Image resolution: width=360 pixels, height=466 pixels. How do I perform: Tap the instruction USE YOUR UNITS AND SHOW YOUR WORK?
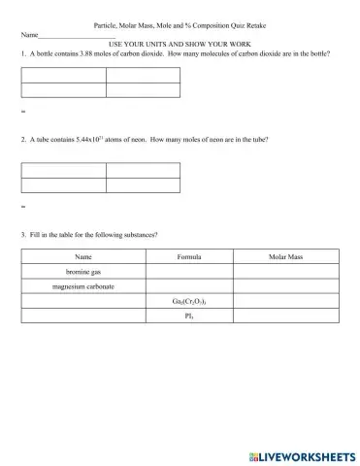click(180, 45)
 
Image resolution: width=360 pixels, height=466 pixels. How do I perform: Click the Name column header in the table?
click(82, 256)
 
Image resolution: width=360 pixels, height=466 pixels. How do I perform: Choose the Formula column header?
click(189, 256)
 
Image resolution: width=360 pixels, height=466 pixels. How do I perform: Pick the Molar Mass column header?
click(285, 256)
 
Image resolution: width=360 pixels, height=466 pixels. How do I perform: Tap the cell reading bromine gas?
click(82, 272)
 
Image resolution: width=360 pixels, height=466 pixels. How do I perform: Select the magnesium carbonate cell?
click(82, 286)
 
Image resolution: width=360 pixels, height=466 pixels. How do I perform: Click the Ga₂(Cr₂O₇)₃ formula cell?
click(189, 301)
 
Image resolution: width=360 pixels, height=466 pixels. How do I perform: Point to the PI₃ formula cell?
click(189, 316)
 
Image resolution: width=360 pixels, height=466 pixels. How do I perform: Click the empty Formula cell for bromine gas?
click(189, 272)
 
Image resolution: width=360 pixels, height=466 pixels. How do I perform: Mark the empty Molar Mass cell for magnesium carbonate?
click(285, 286)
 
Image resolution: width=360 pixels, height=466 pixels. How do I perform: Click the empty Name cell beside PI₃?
click(82, 316)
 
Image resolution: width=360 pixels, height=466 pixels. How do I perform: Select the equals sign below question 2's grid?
click(22, 208)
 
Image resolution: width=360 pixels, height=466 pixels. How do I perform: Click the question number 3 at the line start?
click(22, 235)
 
